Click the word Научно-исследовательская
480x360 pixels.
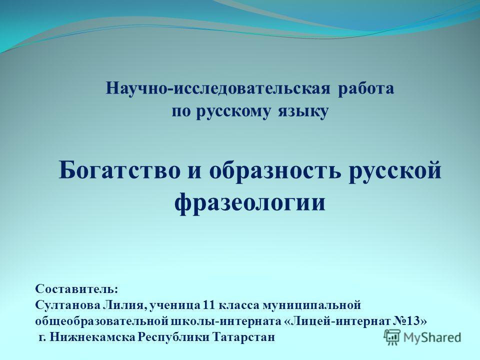pos(218,89)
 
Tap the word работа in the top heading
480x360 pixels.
pos(366,89)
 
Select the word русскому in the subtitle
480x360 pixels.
pos(233,112)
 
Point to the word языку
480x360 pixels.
pos(303,112)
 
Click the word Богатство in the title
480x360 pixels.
pos(120,170)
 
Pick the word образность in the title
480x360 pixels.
pos(275,170)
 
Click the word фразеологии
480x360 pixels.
pos(250,202)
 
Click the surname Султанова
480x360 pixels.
pos(68,305)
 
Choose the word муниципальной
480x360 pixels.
pos(312,305)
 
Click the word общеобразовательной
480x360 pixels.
pos(103,321)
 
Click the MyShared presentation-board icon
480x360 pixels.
pos(392,337)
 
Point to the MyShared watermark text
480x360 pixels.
pos(432,337)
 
